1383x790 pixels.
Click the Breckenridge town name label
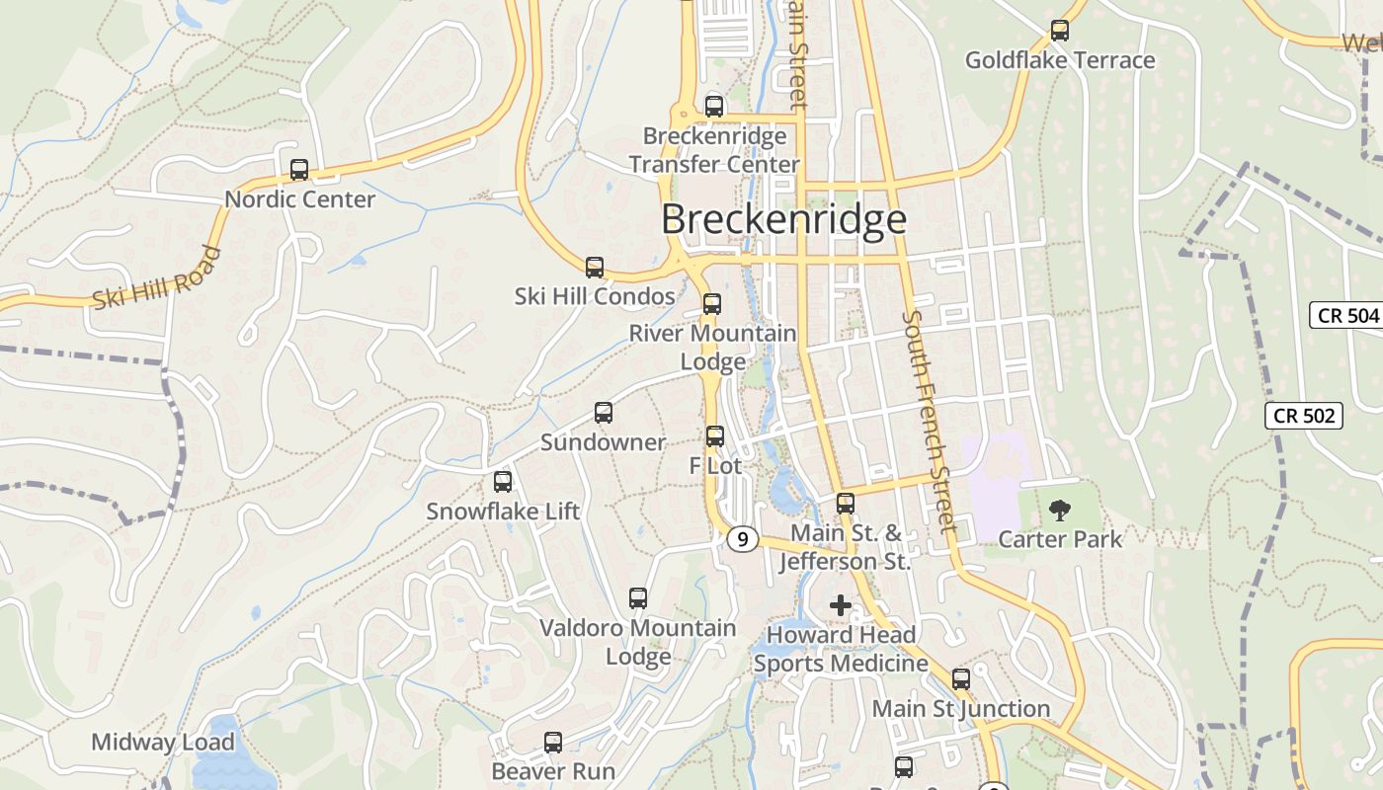783,219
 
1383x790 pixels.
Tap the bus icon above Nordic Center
299,170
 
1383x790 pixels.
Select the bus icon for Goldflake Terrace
1060,31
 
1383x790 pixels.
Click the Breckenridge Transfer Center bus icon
714,107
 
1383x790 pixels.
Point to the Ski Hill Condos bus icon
595,268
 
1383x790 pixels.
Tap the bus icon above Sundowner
604,413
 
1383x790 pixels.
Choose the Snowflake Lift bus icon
503,482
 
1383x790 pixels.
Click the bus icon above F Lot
715,435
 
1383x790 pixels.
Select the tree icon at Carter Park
1060,511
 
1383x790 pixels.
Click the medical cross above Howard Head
841,604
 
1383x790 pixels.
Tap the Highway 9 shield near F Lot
743,539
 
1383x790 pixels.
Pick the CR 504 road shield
1345,316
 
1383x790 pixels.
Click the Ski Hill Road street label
157,278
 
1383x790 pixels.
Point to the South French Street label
931,422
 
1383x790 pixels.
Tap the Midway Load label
163,742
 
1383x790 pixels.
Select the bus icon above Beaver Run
553,742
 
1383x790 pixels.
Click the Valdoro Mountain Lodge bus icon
638,598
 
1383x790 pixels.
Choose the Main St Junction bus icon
961,679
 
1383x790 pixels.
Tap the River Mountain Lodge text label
712,348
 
